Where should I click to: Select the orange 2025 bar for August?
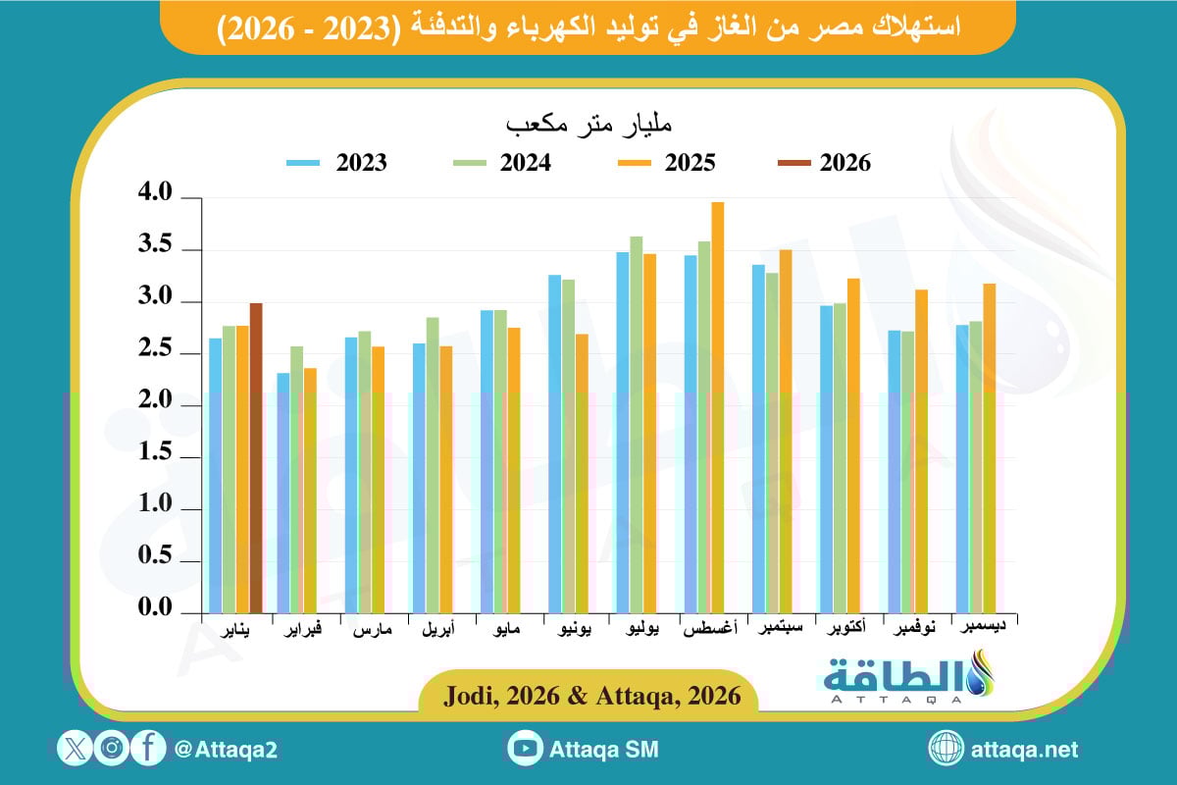tap(718, 407)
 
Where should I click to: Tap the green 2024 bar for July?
tap(637, 424)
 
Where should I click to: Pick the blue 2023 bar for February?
tap(283, 493)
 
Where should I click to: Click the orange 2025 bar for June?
tap(583, 473)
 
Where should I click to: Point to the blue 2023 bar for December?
tap(962, 469)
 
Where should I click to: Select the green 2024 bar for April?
tap(433, 465)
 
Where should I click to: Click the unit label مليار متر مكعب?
tap(588, 126)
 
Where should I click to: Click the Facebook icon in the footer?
tap(148, 749)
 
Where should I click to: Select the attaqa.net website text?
tap(1023, 750)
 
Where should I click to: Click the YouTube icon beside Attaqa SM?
tap(526, 749)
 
